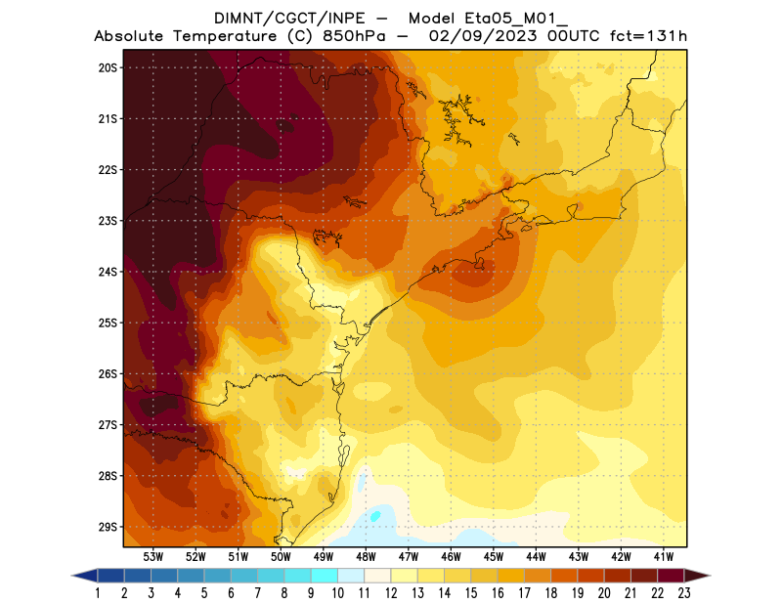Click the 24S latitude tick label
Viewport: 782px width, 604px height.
pyautogui.click(x=108, y=272)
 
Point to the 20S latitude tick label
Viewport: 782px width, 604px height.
pyautogui.click(x=108, y=67)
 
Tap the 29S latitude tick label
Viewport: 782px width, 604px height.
pyautogui.click(x=108, y=527)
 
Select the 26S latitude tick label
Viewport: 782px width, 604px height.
pyautogui.click(x=108, y=373)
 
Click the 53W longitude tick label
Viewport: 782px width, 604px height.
pyautogui.click(x=153, y=557)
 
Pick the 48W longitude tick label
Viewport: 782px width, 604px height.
pyautogui.click(x=367, y=557)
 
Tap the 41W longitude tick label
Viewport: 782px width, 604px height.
pyautogui.click(x=665, y=557)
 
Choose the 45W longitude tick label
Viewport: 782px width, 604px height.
pyautogui.click(x=495, y=557)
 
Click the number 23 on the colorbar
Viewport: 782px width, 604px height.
pyautogui.click(x=683, y=592)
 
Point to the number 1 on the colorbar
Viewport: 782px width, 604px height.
pyautogui.click(x=99, y=592)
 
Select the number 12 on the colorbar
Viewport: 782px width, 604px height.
pyautogui.click(x=391, y=592)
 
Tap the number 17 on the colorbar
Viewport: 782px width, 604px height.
pyautogui.click(x=524, y=592)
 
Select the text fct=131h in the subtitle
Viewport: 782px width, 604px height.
pyautogui.click(x=649, y=36)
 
